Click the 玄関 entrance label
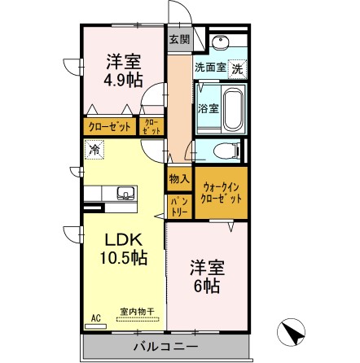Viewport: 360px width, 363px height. click(x=179, y=38)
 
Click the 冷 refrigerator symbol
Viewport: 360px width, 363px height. click(x=95, y=150)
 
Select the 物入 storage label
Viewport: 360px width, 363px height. click(x=178, y=179)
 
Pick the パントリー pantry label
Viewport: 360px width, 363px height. click(x=178, y=204)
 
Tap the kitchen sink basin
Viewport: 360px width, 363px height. click(x=126, y=193)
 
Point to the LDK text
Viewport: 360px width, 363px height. click(x=122, y=240)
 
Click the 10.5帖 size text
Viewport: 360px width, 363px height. click(x=124, y=259)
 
